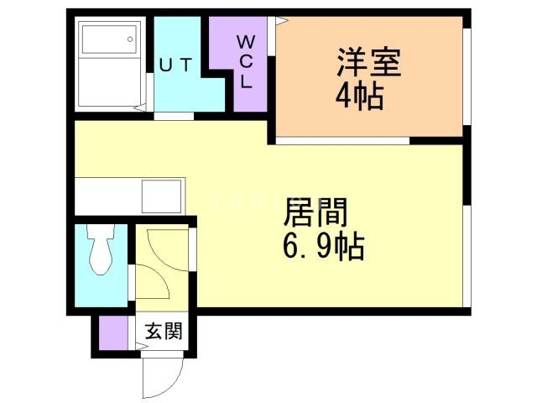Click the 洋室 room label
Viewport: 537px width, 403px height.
click(x=368, y=63)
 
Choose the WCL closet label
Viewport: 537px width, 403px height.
click(x=248, y=61)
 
